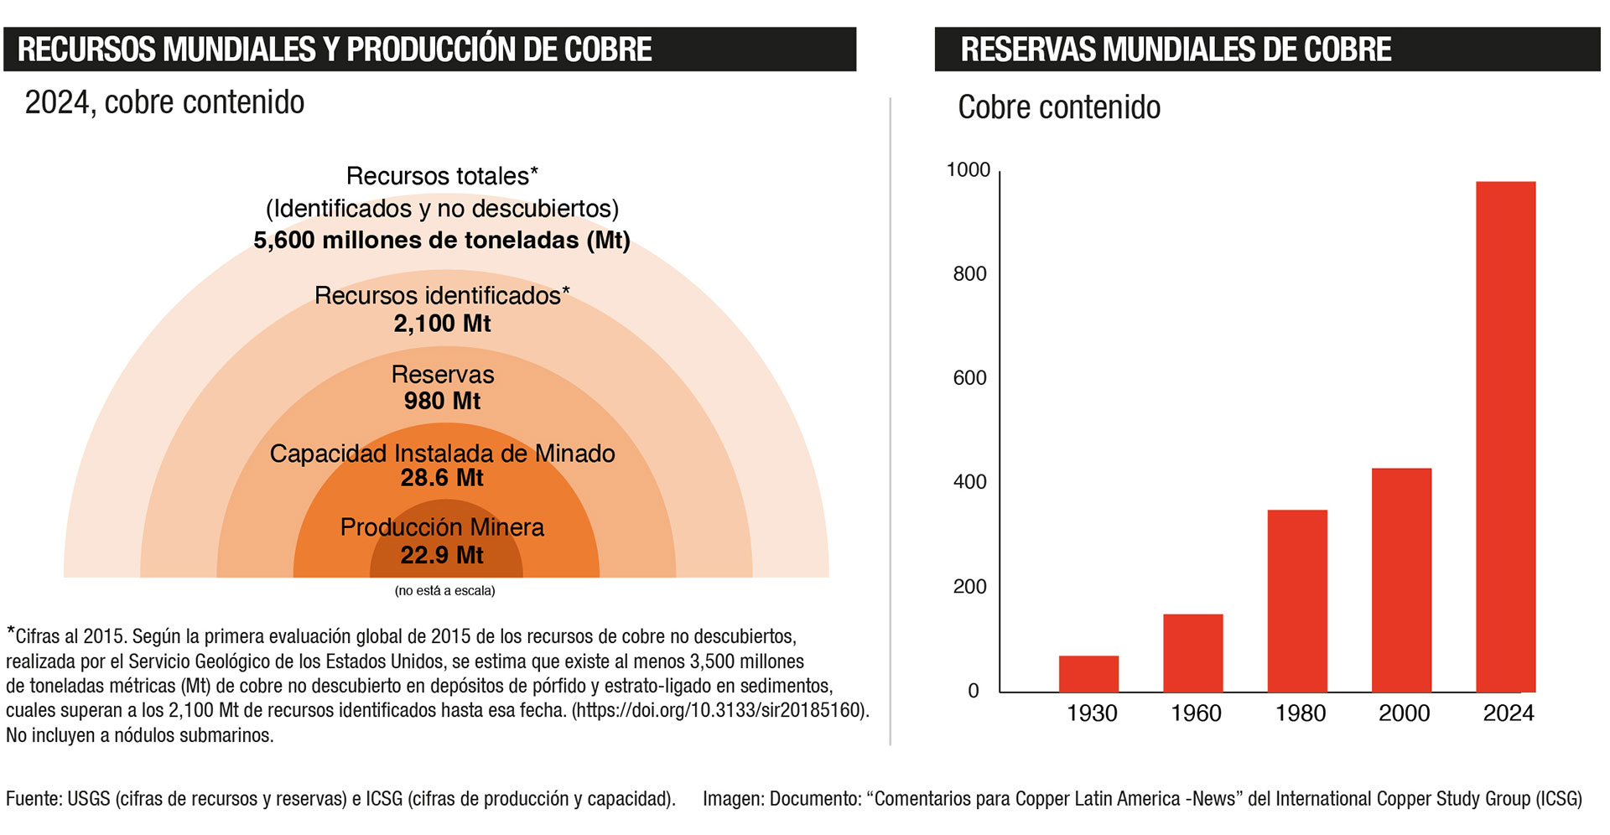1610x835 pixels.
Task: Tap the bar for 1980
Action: [x=1297, y=600]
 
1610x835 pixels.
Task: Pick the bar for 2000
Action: [x=1401, y=579]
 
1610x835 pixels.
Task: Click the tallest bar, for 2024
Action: [x=1505, y=436]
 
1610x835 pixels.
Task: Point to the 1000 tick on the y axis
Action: [x=969, y=170]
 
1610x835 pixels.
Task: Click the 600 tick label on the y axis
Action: [x=970, y=378]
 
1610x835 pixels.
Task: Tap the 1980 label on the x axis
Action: [x=1300, y=713]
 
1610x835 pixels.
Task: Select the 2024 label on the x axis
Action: [x=1508, y=713]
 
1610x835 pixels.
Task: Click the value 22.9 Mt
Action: [x=442, y=555]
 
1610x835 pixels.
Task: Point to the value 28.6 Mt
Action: [x=442, y=478]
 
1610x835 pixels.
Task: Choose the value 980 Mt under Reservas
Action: [x=442, y=401]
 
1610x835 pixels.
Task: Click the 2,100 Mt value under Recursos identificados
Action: [x=442, y=324]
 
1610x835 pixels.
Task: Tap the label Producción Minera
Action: [x=442, y=527]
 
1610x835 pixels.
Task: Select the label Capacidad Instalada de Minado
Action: [x=442, y=454]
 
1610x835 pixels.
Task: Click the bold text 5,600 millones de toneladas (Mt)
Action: [x=442, y=241]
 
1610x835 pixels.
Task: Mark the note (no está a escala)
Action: [x=444, y=591]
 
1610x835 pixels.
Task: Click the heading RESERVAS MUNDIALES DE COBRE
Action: [x=1176, y=49]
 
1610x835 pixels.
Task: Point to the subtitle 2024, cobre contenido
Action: [x=164, y=102]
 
